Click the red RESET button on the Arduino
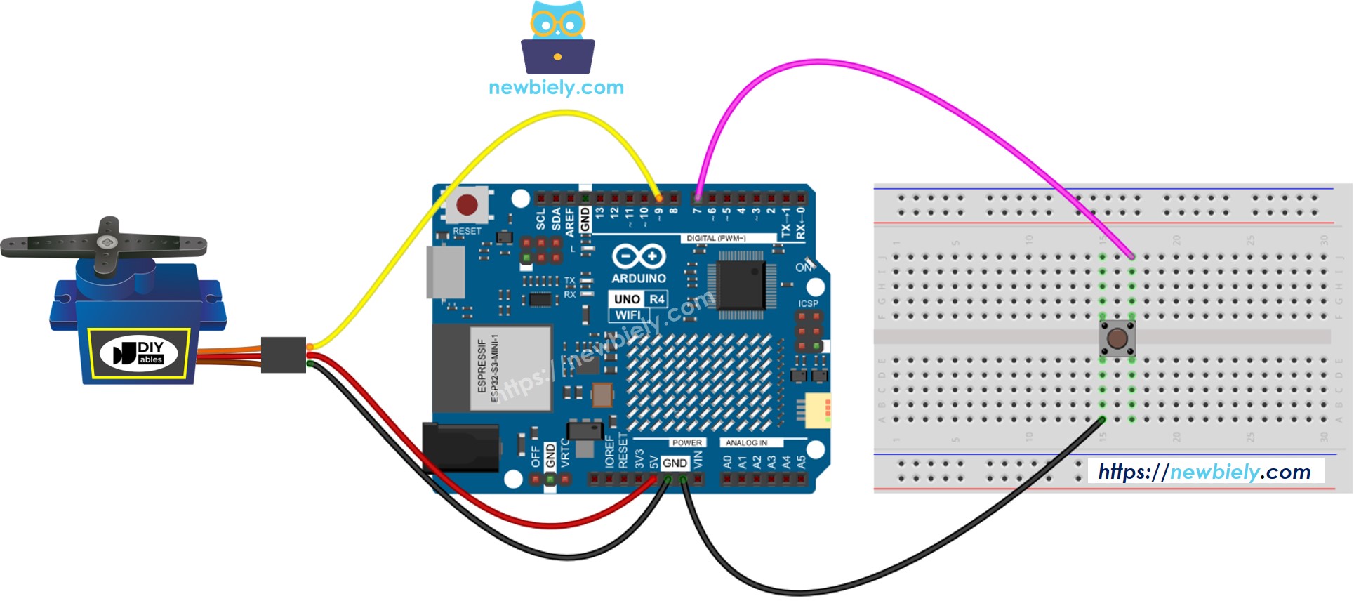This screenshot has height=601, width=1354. click(467, 205)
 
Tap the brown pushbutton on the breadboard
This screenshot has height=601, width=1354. click(1117, 338)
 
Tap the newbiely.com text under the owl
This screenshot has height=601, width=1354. click(556, 88)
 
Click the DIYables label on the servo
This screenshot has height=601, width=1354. click(139, 352)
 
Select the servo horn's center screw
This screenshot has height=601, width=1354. click(107, 242)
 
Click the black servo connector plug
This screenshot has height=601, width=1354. click(284, 355)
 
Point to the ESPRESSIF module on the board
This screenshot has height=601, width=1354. click(510, 368)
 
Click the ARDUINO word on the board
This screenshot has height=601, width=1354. click(638, 278)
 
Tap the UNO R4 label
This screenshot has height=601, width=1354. click(638, 299)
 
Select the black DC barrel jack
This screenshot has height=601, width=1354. click(460, 447)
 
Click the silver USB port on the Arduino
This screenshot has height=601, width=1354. click(446, 272)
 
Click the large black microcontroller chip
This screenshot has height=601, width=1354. click(741, 285)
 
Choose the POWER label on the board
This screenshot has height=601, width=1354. click(686, 443)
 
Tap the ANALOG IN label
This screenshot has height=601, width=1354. click(746, 443)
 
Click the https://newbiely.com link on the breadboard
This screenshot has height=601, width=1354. click(1204, 472)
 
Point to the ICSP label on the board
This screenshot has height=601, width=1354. click(808, 304)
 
